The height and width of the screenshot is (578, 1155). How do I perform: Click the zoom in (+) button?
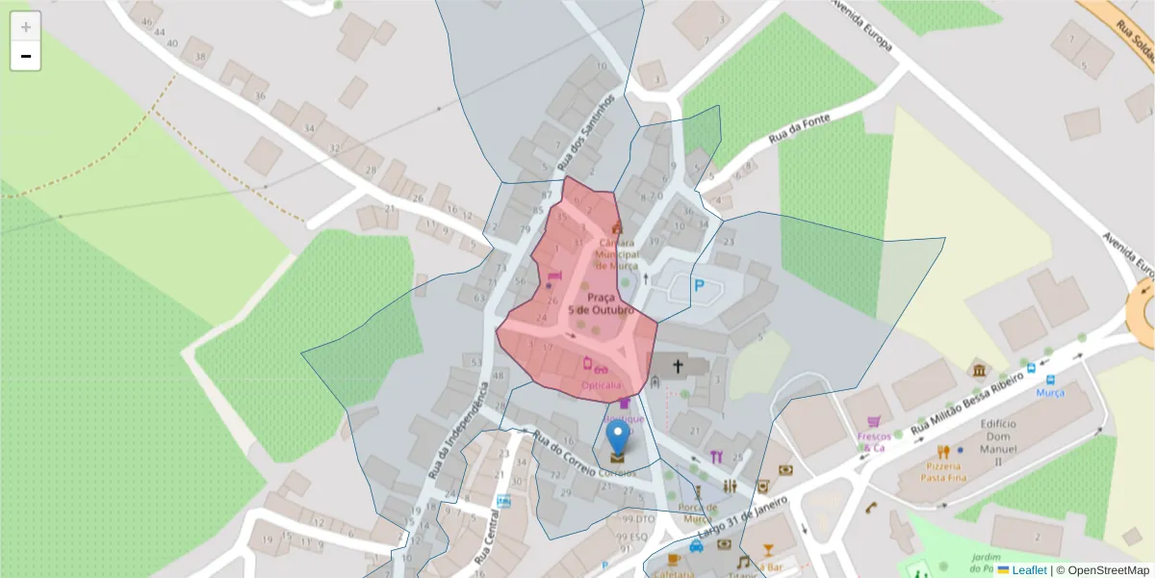(x=26, y=27)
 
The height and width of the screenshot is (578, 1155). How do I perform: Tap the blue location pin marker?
(x=617, y=438)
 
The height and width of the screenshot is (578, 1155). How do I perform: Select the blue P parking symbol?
(x=700, y=285)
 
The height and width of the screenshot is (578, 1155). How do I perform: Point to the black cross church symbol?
(x=678, y=366)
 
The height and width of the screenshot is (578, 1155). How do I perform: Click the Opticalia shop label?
(x=601, y=385)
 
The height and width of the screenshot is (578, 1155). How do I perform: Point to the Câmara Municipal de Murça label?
(x=616, y=254)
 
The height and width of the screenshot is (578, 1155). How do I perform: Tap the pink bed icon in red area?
(x=553, y=276)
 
